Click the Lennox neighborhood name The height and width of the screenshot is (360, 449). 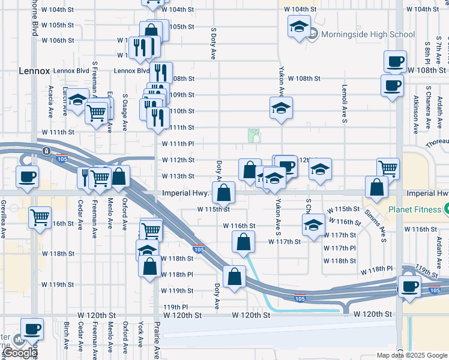coord(34,70)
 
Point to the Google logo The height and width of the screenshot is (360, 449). coord(20,353)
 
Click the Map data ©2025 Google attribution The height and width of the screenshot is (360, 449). coord(411,355)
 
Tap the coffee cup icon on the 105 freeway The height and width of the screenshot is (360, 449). coord(410,286)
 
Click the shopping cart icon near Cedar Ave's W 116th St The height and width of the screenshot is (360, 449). coord(40,217)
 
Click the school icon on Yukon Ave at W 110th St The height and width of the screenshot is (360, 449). coord(281,109)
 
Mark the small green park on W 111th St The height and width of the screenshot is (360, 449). coord(255,136)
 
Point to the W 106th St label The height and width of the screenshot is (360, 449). coord(58,41)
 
